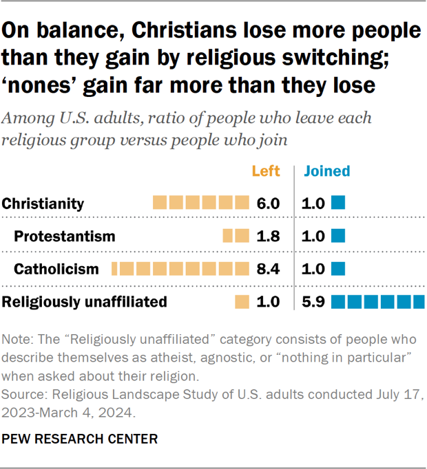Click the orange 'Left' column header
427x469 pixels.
[265, 171]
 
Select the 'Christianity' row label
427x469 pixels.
[43, 204]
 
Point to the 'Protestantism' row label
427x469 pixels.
[65, 237]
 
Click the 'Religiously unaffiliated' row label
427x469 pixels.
[84, 301]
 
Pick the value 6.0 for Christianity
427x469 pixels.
[267, 204]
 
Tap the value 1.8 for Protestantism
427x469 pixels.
[267, 237]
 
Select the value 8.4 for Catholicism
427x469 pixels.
[267, 269]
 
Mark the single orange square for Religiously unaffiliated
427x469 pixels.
[242, 301]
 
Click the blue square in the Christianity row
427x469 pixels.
[337, 204]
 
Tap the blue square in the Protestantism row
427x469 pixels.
[337, 237]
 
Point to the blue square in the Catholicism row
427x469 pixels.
[337, 269]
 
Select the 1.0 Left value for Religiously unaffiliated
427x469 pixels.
[267, 301]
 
